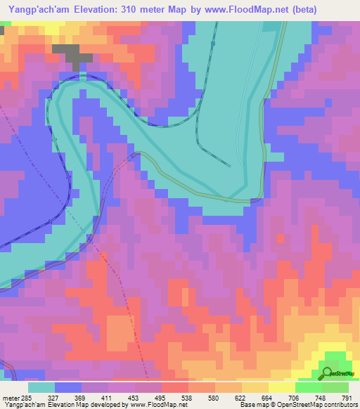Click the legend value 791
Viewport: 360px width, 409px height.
[347, 397]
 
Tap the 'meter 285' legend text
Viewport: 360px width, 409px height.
[15, 397]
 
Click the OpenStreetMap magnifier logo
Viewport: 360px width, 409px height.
[327, 372]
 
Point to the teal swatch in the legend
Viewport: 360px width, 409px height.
[41, 387]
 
